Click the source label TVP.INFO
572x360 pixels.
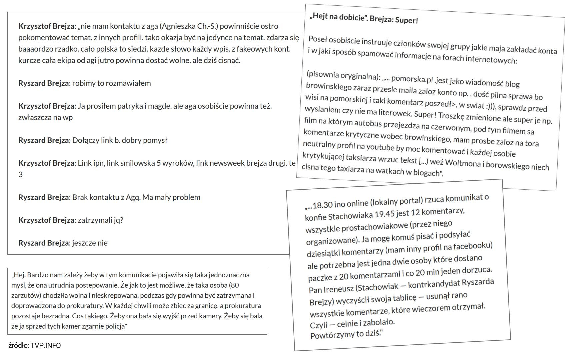(46, 346)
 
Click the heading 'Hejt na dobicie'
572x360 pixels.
(337, 17)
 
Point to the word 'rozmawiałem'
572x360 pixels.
(130, 83)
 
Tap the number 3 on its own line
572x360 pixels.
(21, 175)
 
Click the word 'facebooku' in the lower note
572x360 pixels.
(472, 246)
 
